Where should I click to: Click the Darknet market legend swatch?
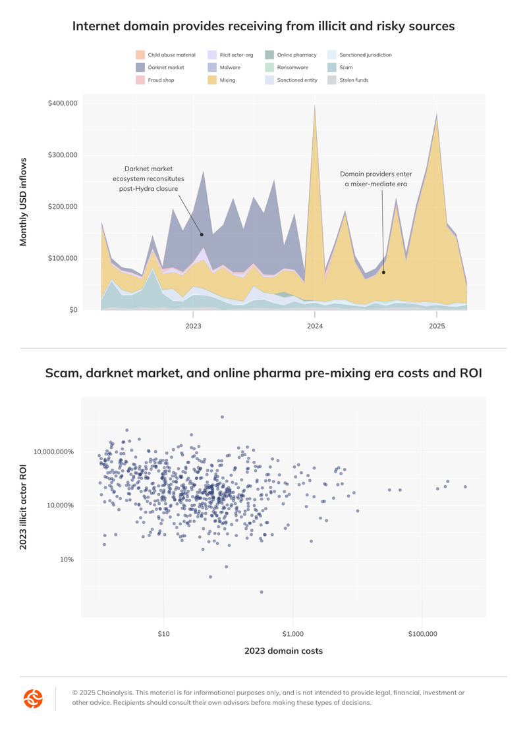tap(140, 67)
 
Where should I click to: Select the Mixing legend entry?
tap(212, 80)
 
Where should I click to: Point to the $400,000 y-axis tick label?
tap(63, 103)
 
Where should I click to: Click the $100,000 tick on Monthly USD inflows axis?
tap(63, 258)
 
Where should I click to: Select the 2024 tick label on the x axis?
tap(315, 326)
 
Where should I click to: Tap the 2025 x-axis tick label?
tap(436, 326)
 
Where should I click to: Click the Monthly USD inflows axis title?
tap(24, 201)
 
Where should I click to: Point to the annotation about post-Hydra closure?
tap(148, 178)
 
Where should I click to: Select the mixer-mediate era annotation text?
tap(374, 179)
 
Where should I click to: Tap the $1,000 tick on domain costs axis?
tap(292, 634)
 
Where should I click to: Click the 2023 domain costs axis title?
tap(283, 651)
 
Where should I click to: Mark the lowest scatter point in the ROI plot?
tap(262, 592)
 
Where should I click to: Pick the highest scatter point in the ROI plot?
tap(222, 417)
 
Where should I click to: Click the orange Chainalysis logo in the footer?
tap(33, 698)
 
